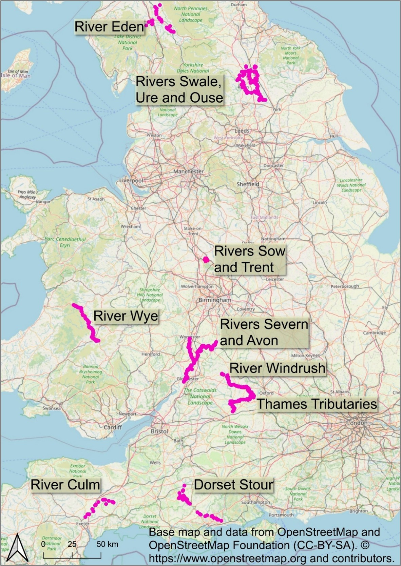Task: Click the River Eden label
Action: [109, 27]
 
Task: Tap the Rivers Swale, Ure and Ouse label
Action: [179, 90]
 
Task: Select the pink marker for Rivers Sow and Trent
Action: [206, 260]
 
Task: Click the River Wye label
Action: [126, 316]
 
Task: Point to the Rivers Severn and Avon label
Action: [264, 332]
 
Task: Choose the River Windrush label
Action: [277, 368]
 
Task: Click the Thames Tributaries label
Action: [317, 404]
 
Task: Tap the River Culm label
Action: [65, 485]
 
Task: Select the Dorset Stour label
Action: [233, 485]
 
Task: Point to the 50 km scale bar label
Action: [107, 544]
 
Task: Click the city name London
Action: [357, 423]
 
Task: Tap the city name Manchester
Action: [188, 171]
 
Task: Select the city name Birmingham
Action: [214, 300]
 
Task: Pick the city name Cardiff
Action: [113, 427]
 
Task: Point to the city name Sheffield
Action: [248, 184]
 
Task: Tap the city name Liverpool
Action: [131, 181]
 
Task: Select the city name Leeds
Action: [242, 130]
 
